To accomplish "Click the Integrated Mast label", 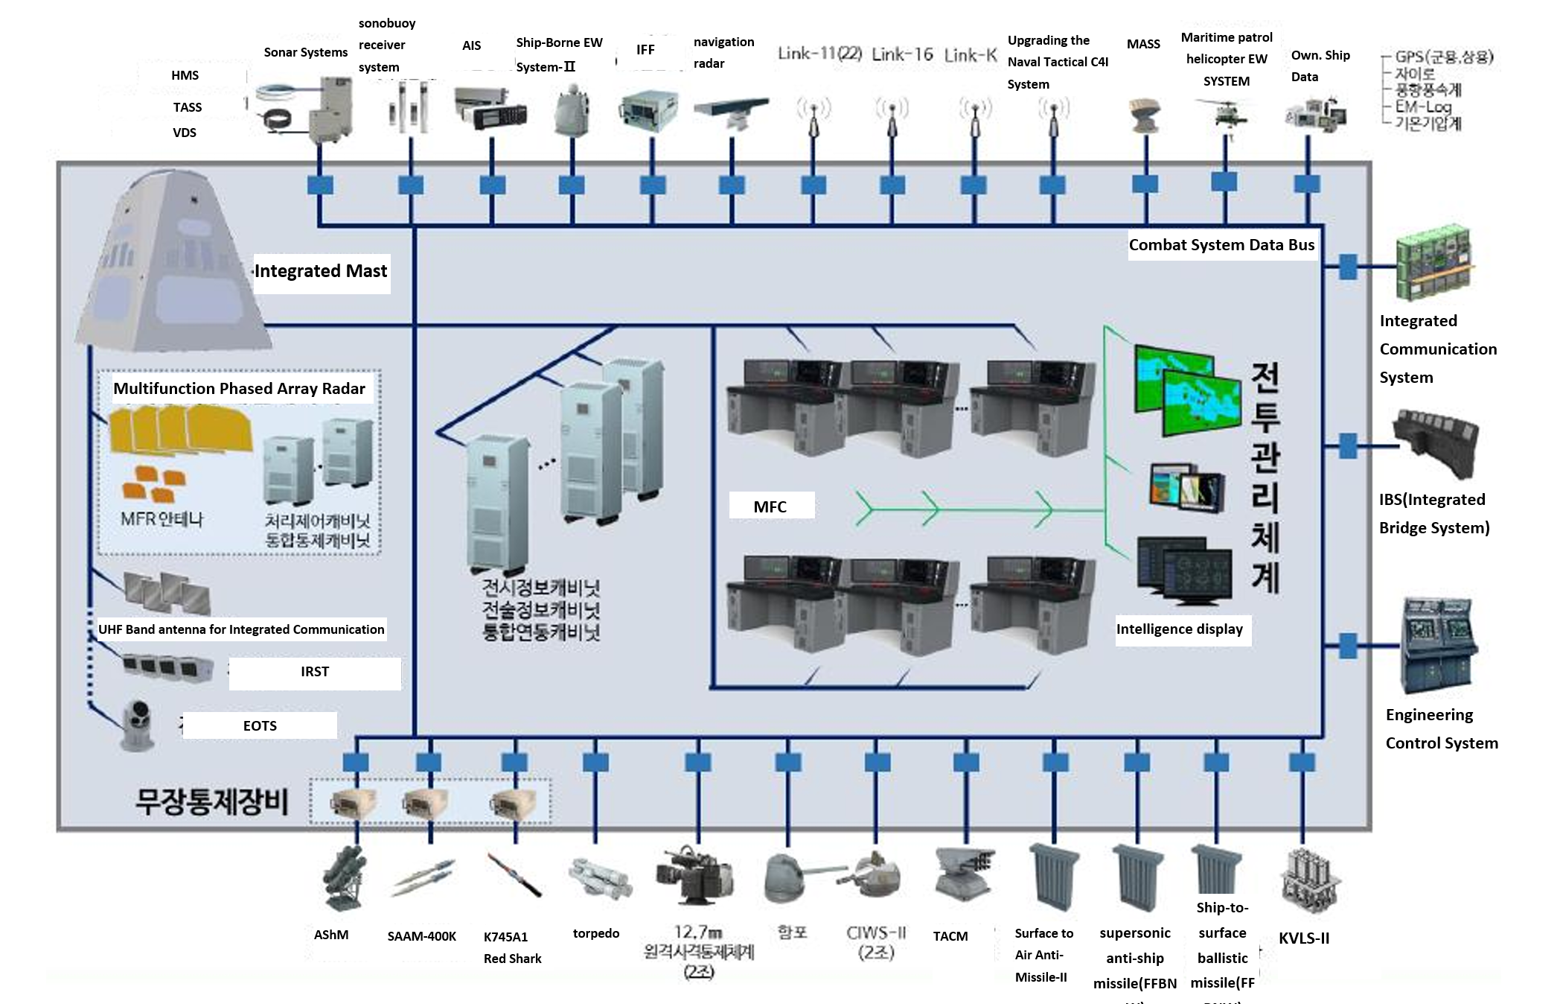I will point(321,271).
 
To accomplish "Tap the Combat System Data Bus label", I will point(1221,245).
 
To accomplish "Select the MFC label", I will point(770,506).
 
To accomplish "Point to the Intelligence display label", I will point(1179,629).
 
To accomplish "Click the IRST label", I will point(315,672).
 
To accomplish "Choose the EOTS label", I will point(260,726).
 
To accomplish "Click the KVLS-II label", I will point(1303,938).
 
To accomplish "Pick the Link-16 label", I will point(902,54).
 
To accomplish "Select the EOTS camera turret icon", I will point(138,722).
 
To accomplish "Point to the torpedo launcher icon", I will point(600,877).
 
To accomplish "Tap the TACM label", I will point(950,936).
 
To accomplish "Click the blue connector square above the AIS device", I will point(492,185).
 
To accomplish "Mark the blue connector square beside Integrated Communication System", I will point(1347,267).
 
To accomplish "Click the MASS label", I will point(1143,44).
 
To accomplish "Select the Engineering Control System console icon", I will point(1438,644).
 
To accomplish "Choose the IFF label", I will point(645,50).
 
